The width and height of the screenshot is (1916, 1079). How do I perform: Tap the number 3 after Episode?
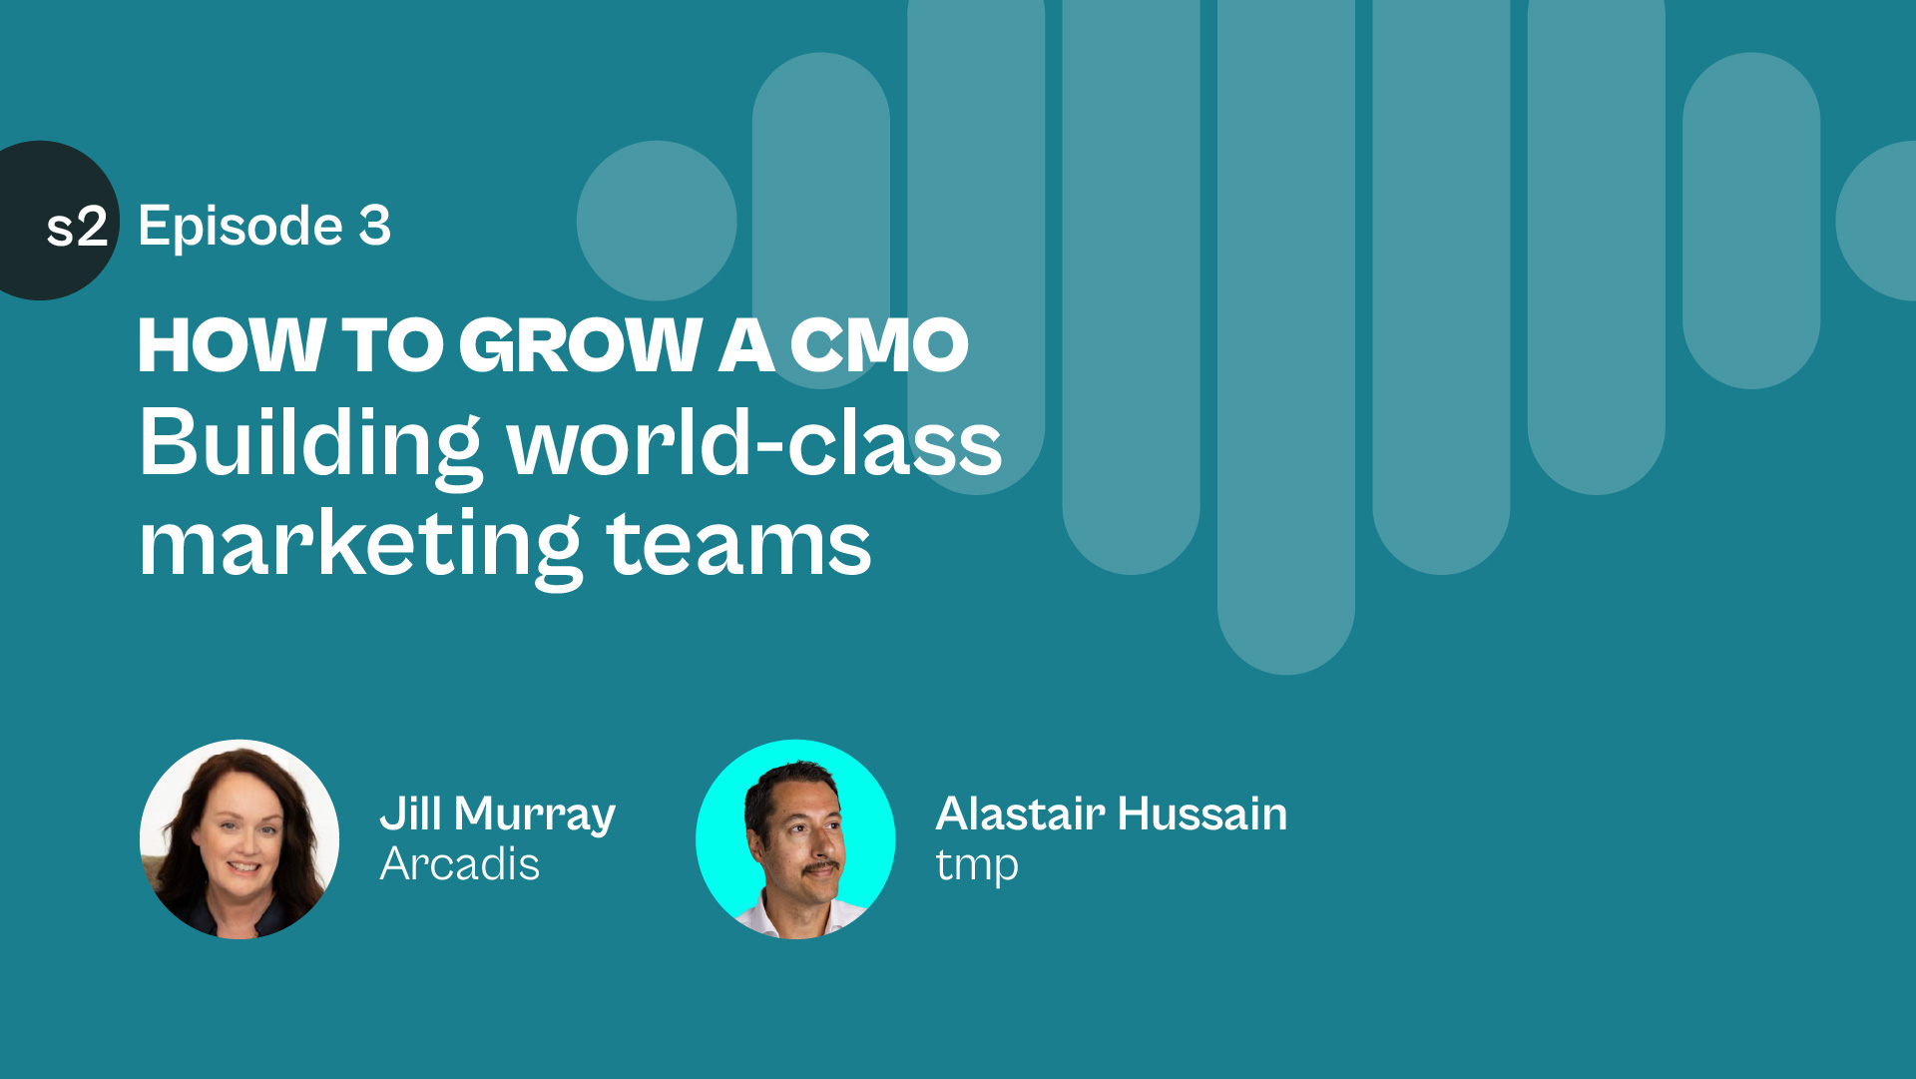click(x=375, y=226)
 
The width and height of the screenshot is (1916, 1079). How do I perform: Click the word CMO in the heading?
click(x=879, y=345)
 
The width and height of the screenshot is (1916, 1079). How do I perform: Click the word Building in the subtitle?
click(x=310, y=445)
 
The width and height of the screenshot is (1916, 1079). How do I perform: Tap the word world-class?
click(x=755, y=443)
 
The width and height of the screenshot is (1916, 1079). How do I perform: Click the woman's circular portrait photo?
click(x=239, y=839)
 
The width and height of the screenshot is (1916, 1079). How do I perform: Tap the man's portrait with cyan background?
click(x=795, y=839)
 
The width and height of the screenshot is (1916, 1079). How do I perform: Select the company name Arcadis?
click(x=460, y=864)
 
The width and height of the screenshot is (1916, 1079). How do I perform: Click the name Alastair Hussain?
click(x=1112, y=813)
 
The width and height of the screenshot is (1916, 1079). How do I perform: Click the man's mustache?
click(x=821, y=868)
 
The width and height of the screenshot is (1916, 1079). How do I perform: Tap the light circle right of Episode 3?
click(x=657, y=221)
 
